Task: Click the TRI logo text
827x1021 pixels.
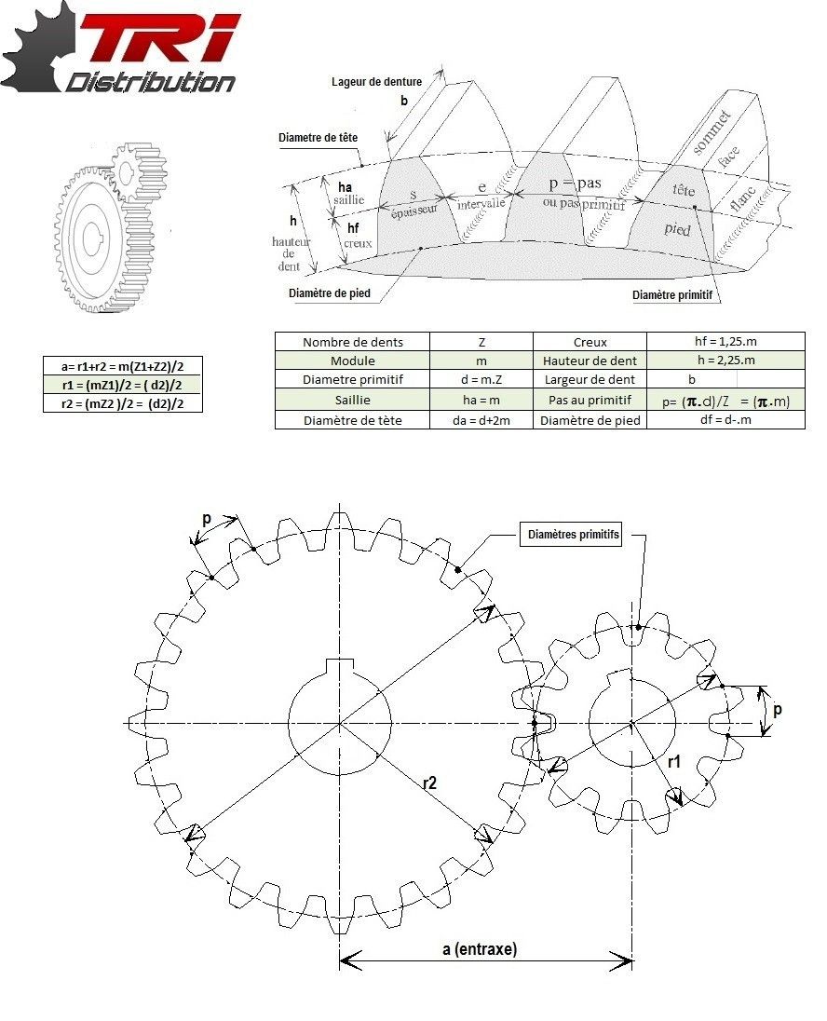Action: [158, 39]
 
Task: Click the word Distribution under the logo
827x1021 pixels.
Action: [149, 82]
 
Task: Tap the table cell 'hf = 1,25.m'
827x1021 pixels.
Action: [725, 342]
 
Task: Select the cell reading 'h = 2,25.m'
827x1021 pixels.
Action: [725, 361]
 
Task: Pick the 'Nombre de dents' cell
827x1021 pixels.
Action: [352, 342]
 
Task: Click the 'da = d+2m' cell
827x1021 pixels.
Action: [481, 420]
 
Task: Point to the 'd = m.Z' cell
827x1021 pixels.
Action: [481, 380]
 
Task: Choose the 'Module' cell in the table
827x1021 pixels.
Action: [352, 361]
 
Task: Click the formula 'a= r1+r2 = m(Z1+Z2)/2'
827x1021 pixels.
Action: [122, 366]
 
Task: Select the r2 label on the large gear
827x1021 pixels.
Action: [429, 783]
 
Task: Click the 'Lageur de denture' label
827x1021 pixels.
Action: [376, 82]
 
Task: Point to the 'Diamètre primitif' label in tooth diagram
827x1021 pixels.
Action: [678, 295]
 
